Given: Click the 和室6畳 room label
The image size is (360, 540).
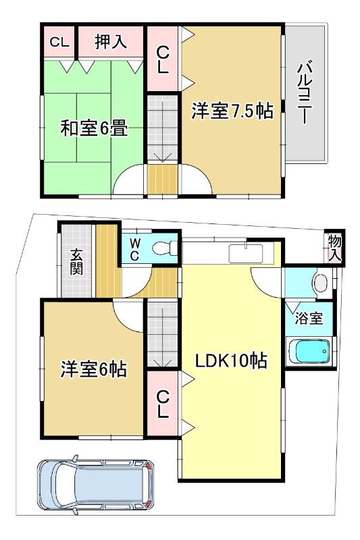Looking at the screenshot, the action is pyautogui.click(x=94, y=128).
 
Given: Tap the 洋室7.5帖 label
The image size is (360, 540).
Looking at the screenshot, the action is pyautogui.click(x=232, y=111).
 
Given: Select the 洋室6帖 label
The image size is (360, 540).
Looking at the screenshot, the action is pyautogui.click(x=94, y=369).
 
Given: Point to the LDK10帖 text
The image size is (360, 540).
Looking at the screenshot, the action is pyautogui.click(x=231, y=360).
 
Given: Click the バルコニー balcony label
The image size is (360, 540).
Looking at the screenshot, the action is pyautogui.click(x=304, y=92).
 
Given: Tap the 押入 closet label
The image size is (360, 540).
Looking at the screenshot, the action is pyautogui.click(x=111, y=42).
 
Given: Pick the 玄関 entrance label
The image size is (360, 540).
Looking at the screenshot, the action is pyautogui.click(x=76, y=262).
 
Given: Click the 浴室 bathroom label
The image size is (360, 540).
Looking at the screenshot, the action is pyautogui.click(x=309, y=318).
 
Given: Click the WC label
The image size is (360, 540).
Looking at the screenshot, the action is pyautogui.click(x=134, y=250).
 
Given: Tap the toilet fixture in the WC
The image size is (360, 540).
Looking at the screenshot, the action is pyautogui.click(x=164, y=248).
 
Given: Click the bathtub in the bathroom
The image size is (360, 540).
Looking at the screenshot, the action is pyautogui.click(x=310, y=352).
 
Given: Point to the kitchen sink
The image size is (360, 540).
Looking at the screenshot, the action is pyautogui.click(x=246, y=252).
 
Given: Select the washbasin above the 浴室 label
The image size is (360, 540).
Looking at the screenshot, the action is pyautogui.click(x=322, y=283).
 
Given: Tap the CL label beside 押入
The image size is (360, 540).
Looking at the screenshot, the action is pyautogui.click(x=59, y=43).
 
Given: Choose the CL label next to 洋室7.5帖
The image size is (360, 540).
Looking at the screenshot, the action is pyautogui.click(x=163, y=60).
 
